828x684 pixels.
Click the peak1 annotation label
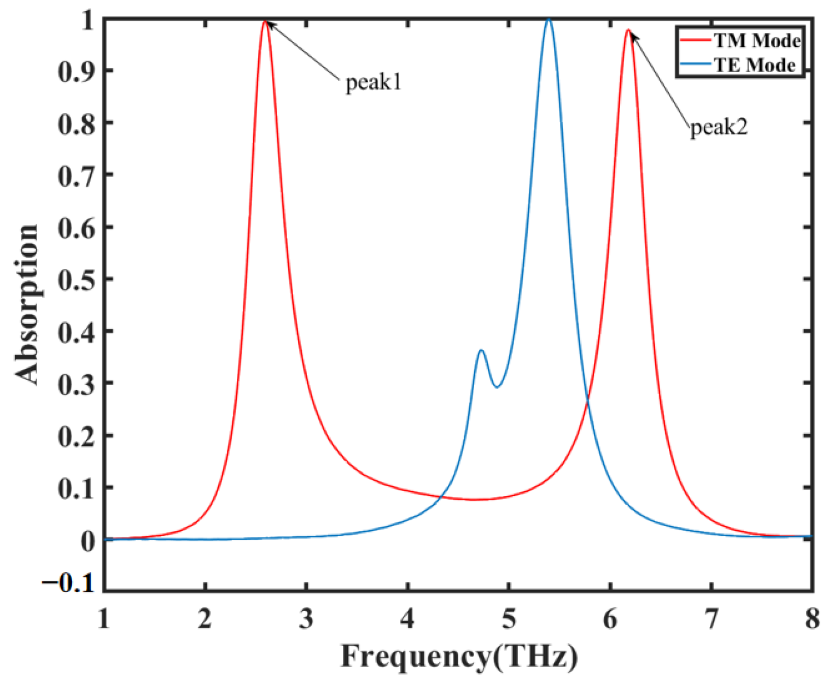pyautogui.click(x=374, y=83)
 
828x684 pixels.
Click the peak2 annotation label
pyautogui.click(x=718, y=128)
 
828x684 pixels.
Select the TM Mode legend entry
pyautogui.click(x=757, y=41)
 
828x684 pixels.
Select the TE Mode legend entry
pyautogui.click(x=755, y=65)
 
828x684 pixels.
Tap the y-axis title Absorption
pyautogui.click(x=27, y=304)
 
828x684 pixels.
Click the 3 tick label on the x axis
pyautogui.click(x=306, y=620)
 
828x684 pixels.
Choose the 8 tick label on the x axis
pyautogui.click(x=812, y=620)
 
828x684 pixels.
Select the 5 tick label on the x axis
pyautogui.click(x=509, y=620)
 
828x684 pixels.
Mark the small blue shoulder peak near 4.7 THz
pyautogui.click(x=481, y=350)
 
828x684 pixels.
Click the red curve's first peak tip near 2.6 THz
pyautogui.click(x=265, y=21)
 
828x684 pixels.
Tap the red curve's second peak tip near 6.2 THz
pyautogui.click(x=628, y=30)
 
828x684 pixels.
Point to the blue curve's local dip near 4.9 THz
pyautogui.click(x=497, y=387)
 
